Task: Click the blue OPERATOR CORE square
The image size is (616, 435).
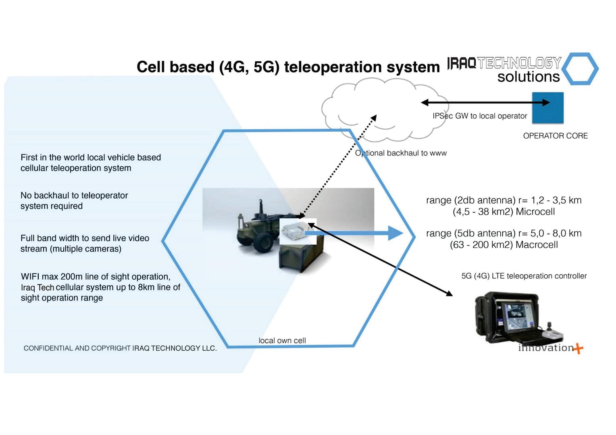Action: click(547, 108)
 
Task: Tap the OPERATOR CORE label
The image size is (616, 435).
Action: click(555, 136)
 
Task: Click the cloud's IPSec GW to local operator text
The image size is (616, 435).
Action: click(479, 116)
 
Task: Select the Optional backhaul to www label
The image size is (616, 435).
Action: click(401, 153)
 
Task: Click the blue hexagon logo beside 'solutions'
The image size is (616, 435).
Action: click(580, 68)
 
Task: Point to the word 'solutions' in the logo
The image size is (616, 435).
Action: click(528, 77)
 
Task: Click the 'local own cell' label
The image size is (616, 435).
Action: click(282, 341)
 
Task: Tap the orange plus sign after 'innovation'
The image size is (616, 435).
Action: click(579, 348)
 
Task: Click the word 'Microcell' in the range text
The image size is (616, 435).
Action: click(535, 212)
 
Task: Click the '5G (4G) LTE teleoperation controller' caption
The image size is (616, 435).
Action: click(524, 276)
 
